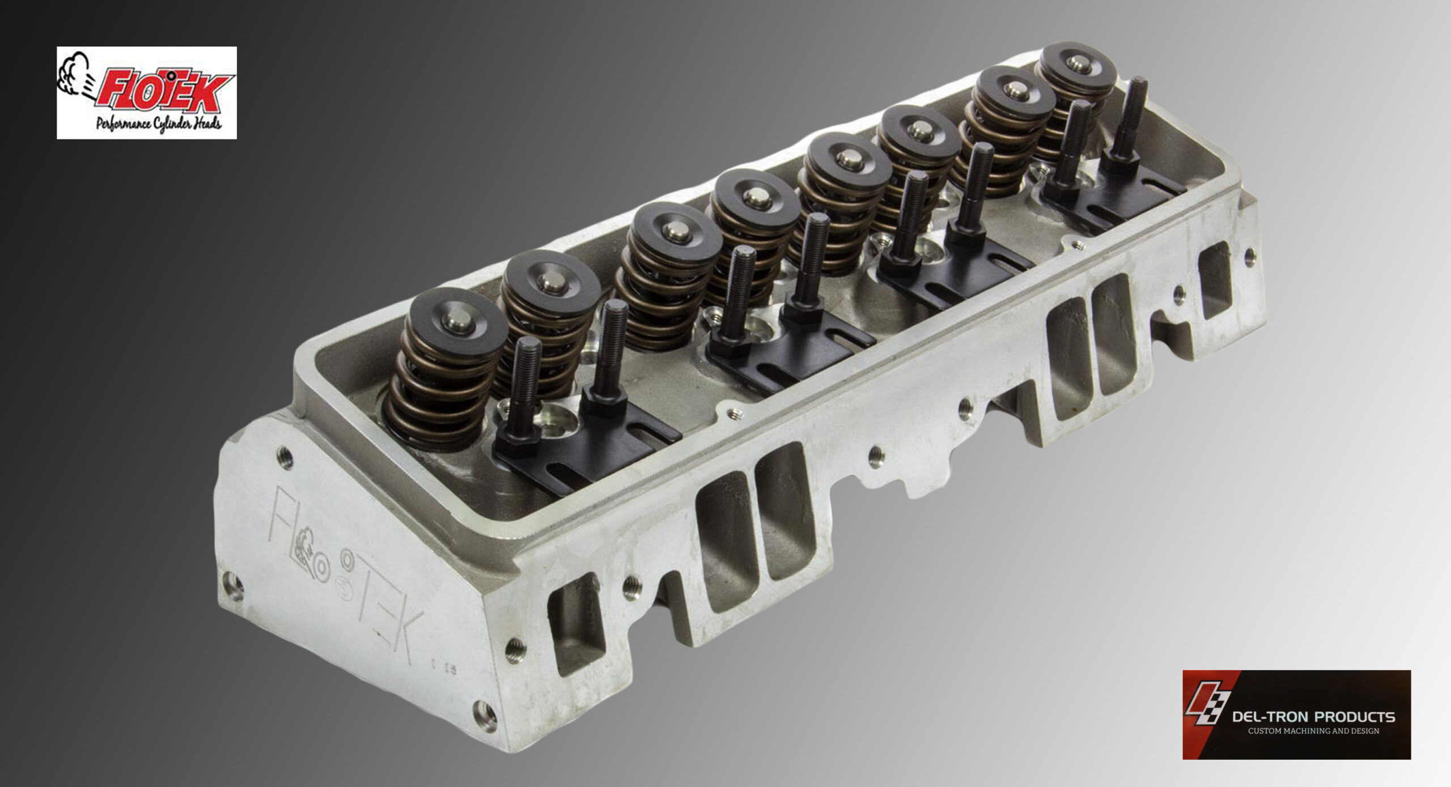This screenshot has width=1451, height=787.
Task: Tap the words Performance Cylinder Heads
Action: (159, 124)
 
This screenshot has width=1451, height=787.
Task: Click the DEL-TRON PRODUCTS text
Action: (1313, 717)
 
